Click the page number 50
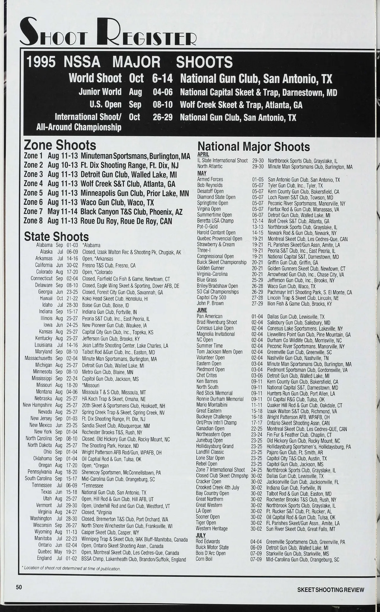pyautogui.click(x=19, y=587)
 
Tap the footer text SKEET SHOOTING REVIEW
pyautogui.click(x=331, y=590)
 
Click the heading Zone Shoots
pyautogui.click(x=60, y=145)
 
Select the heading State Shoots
pyautogui.click(x=56, y=237)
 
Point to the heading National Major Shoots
pyautogui.click(x=253, y=147)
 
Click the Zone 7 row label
pyautogui.click(x=33, y=211)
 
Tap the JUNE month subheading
pyautogui.click(x=202, y=310)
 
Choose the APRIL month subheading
pyautogui.click(x=203, y=154)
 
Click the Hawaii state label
pyautogui.click(x=46, y=298)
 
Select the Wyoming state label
pyautogui.click(x=43, y=532)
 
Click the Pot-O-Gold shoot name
pyautogui.click(x=207, y=227)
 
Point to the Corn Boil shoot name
pyautogui.click(x=204, y=559)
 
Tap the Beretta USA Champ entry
pyautogui.click(x=215, y=221)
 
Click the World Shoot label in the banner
pyautogui.click(x=95, y=78)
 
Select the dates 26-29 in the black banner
pyautogui.click(x=162, y=117)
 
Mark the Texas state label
pyautogui.click(x=46, y=492)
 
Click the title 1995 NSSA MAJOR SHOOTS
pyautogui.click(x=129, y=62)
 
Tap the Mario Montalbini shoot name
pyautogui.click(x=212, y=405)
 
